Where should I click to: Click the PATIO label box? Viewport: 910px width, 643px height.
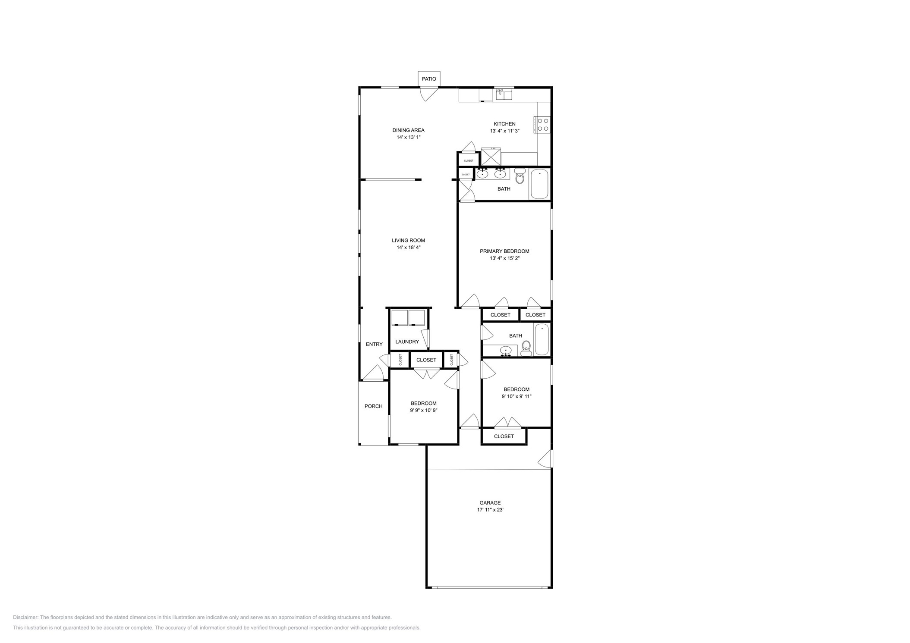coord(428,79)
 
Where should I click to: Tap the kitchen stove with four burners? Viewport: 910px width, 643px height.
coord(543,125)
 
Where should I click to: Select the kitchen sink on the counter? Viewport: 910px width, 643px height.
coord(504,94)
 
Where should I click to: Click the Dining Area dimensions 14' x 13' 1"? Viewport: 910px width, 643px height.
coord(408,137)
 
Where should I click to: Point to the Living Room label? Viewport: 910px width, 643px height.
coord(408,240)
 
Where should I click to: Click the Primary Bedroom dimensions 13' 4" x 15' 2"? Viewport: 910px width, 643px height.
coord(504,258)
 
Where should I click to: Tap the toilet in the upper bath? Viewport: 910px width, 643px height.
coord(520,176)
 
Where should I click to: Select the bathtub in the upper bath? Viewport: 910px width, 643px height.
coord(539,184)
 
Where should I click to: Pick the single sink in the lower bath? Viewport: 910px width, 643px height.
coord(506,350)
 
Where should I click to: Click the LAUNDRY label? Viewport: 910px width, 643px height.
coord(407,342)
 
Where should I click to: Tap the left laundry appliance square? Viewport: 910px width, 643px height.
coord(399,317)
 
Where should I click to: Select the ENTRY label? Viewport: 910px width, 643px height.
coord(374,344)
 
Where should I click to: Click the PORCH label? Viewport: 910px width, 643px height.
coord(373,406)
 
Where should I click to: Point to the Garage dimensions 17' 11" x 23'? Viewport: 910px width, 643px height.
coord(490,510)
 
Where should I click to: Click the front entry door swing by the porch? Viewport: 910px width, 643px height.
coord(374,374)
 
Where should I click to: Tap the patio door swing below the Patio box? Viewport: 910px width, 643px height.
coord(428,93)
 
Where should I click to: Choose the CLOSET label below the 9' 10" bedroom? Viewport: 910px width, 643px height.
coord(504,436)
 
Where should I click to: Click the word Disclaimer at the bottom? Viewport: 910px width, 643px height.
coord(25,617)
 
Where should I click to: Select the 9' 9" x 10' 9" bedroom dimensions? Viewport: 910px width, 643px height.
coord(423,411)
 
